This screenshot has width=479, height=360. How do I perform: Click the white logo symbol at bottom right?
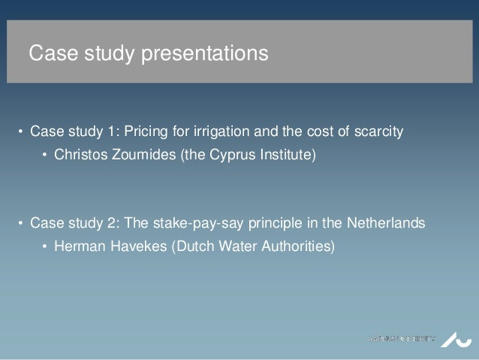[x=454, y=337]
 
